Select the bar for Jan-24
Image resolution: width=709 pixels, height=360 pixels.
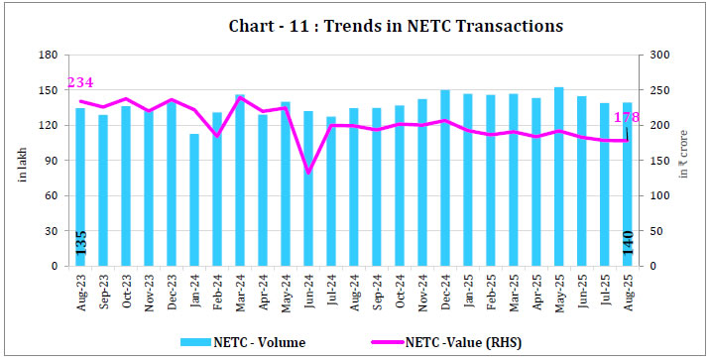coord(195,200)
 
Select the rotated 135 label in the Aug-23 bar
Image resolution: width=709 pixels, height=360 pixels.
coord(81,242)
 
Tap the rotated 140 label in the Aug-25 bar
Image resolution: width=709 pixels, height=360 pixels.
coord(628,242)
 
